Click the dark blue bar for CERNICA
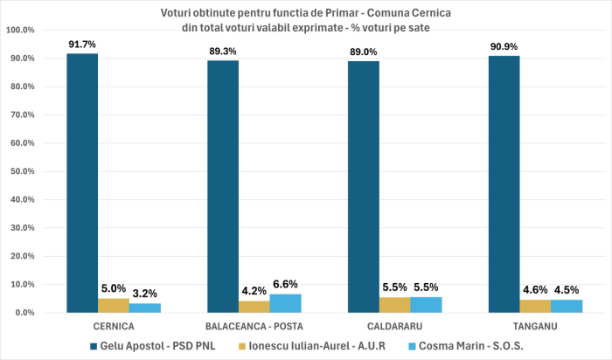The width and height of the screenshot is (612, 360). click(x=82, y=183)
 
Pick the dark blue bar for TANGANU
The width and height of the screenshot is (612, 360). click(x=504, y=184)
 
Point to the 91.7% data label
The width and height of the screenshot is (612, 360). click(x=82, y=44)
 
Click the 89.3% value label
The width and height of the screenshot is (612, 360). click(x=223, y=51)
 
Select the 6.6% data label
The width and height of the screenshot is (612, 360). click(x=285, y=283)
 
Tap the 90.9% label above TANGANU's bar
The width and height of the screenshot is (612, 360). click(x=504, y=46)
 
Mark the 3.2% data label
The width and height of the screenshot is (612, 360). click(x=144, y=293)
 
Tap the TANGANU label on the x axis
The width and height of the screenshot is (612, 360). click(x=534, y=325)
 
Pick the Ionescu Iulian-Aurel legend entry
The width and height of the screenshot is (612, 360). click(x=329, y=344)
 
